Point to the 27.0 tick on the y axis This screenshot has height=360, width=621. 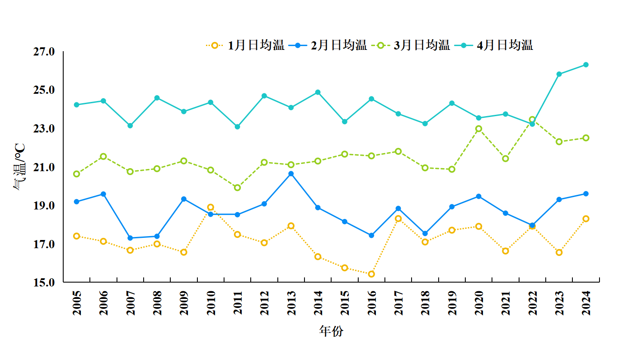pyautogui.click(x=44, y=52)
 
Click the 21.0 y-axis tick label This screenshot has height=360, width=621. pyautogui.click(x=44, y=167)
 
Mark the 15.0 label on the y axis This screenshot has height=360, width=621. pyautogui.click(x=44, y=283)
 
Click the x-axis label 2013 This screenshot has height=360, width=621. pyautogui.click(x=292, y=303)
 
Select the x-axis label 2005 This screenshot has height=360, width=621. pyautogui.click(x=77, y=303)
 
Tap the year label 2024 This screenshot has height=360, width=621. pyautogui.click(x=586, y=303)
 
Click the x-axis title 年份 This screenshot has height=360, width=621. pyautogui.click(x=331, y=331)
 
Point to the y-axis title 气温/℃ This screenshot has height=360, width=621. pyautogui.click(x=20, y=167)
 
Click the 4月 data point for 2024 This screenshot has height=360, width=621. pyautogui.click(x=586, y=65)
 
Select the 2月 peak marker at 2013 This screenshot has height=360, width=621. pyautogui.click(x=291, y=174)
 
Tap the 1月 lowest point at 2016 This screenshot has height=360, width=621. pyautogui.click(x=372, y=274)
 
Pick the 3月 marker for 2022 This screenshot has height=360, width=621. pyautogui.click(x=532, y=120)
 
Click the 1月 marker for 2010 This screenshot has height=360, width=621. pyautogui.click(x=211, y=207)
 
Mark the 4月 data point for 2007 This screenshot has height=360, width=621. pyautogui.click(x=130, y=126)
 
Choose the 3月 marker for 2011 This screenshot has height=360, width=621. pyautogui.click(x=237, y=188)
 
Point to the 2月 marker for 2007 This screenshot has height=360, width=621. pyautogui.click(x=130, y=238)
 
